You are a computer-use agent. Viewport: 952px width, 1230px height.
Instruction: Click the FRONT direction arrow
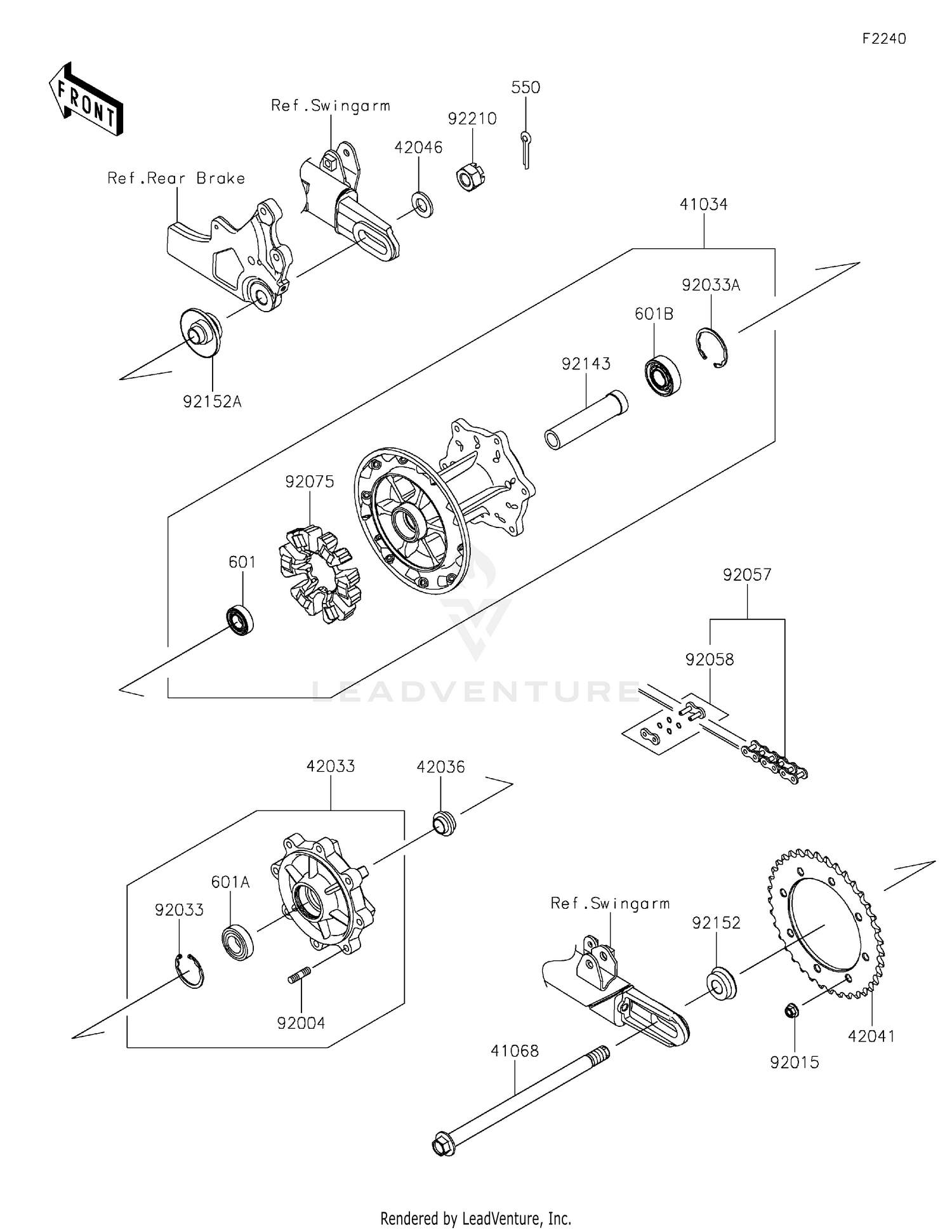tap(86, 100)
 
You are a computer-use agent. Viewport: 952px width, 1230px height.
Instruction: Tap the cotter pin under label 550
tap(526, 150)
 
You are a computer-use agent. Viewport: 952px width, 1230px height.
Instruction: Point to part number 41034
tap(703, 204)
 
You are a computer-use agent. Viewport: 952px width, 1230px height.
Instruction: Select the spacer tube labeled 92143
tap(586, 421)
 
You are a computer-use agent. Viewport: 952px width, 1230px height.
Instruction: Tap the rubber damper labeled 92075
tap(319, 574)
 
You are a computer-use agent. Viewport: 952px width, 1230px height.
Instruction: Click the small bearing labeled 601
tap(241, 620)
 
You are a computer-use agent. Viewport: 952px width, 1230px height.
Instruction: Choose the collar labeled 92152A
tap(202, 333)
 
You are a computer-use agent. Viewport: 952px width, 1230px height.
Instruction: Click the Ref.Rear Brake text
tap(176, 178)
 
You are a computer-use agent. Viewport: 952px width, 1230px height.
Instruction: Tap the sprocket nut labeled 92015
tap(791, 1011)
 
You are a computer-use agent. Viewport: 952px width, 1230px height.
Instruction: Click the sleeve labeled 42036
tap(444, 824)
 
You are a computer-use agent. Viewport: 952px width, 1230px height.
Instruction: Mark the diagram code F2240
tap(883, 39)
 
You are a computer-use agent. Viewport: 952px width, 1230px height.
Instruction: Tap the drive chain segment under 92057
tap(774, 760)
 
